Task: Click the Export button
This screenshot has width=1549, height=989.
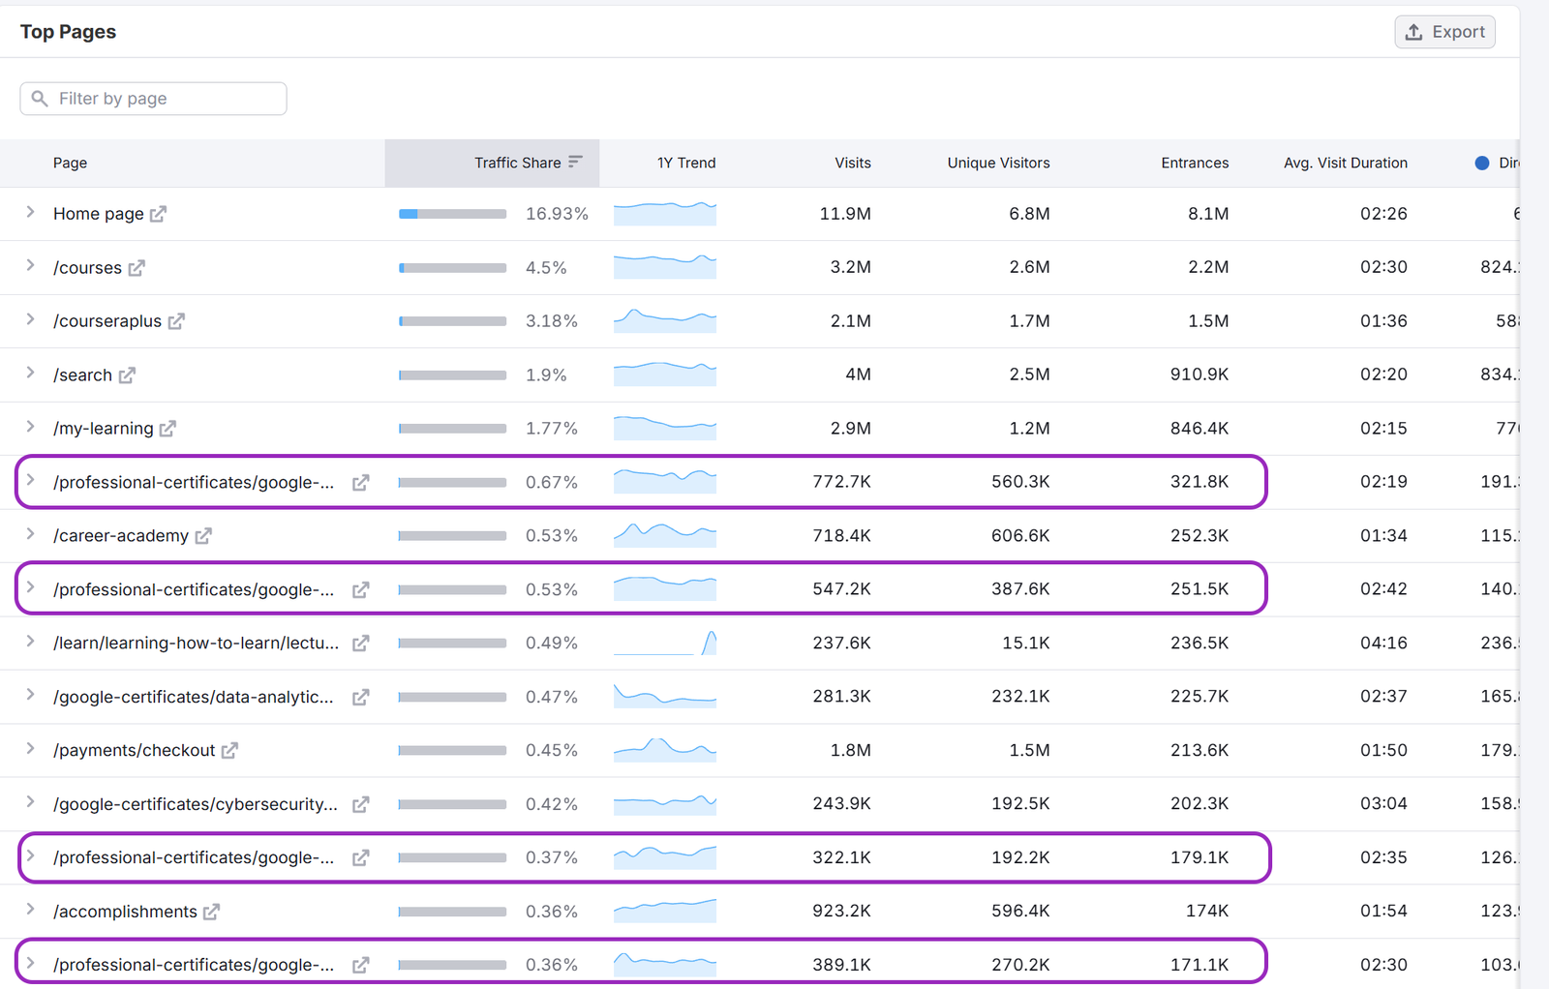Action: pyautogui.click(x=1444, y=32)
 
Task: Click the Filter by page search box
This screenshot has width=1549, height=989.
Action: pyautogui.click(x=153, y=99)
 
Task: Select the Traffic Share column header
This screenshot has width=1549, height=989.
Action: pyautogui.click(x=518, y=163)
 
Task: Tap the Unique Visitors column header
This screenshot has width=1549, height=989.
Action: pyautogui.click(x=998, y=163)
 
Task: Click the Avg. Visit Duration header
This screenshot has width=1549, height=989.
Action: pyautogui.click(x=1345, y=163)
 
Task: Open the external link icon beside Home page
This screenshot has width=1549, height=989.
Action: pyautogui.click(x=159, y=214)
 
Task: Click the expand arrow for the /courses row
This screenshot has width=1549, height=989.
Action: pyautogui.click(x=30, y=266)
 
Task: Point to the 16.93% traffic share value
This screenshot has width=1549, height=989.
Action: pyautogui.click(x=557, y=214)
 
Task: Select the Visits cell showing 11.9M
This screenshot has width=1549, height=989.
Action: pyautogui.click(x=844, y=214)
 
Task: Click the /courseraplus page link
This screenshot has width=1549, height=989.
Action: pyautogui.click(x=107, y=321)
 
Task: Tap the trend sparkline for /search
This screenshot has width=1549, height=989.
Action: pyautogui.click(x=664, y=374)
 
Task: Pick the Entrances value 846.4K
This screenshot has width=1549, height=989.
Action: pyautogui.click(x=1199, y=428)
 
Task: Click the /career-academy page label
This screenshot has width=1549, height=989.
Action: pyautogui.click(x=121, y=535)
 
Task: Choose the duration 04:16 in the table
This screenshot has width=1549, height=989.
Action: pyautogui.click(x=1383, y=643)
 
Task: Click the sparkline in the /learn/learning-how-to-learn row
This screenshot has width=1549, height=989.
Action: pyautogui.click(x=664, y=643)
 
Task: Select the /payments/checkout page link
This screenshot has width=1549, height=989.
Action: pyautogui.click(x=135, y=750)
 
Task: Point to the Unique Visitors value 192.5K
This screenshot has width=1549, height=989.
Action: pyautogui.click(x=1020, y=803)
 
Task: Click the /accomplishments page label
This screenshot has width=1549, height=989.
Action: pyautogui.click(x=125, y=912)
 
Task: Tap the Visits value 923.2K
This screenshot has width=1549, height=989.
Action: pyautogui.click(x=841, y=911)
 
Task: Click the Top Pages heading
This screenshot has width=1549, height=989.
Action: pyautogui.click(x=68, y=32)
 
